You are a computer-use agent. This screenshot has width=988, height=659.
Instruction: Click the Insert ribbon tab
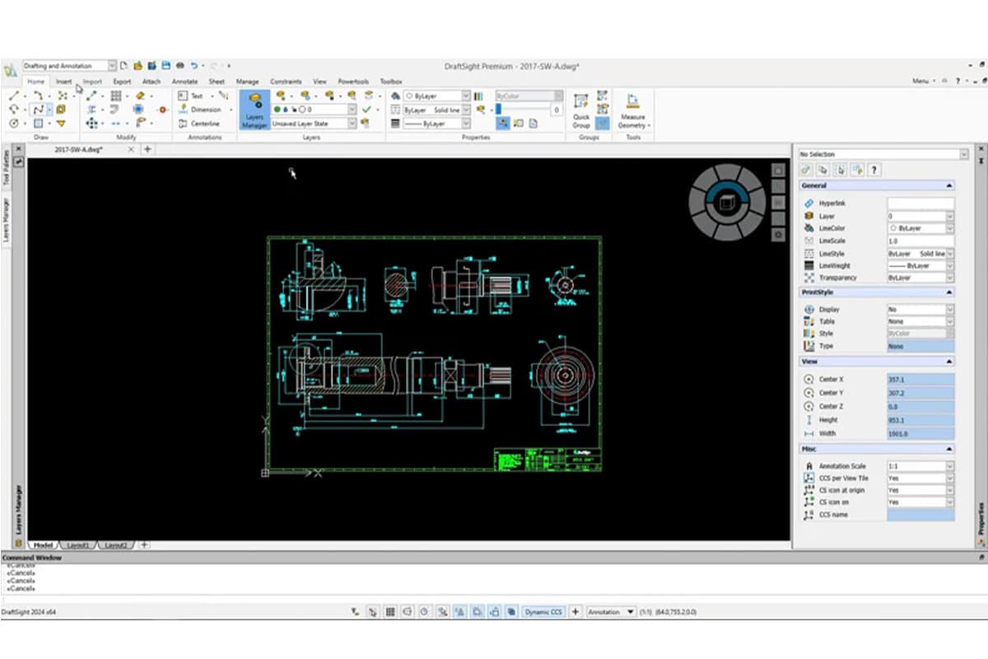(64, 82)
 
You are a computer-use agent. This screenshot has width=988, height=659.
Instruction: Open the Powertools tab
(353, 82)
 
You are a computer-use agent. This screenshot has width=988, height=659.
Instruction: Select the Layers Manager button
(254, 110)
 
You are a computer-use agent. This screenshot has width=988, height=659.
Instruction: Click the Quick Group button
(581, 110)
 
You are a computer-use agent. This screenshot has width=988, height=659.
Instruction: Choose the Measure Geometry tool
(632, 110)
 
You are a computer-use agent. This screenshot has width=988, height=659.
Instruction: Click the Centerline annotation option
(201, 124)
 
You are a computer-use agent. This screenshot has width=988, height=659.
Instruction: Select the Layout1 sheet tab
(78, 545)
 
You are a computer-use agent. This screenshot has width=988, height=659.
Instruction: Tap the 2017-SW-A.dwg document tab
(77, 149)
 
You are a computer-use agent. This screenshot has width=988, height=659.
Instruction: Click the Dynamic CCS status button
(544, 612)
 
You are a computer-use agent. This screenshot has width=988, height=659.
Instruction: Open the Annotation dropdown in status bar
(611, 612)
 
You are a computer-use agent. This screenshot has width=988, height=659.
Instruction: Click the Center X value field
(920, 380)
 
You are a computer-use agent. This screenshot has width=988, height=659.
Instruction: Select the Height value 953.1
(920, 420)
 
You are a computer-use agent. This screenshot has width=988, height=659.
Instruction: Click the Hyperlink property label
(832, 203)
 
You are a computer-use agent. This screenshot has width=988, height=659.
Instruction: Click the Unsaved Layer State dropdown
(314, 124)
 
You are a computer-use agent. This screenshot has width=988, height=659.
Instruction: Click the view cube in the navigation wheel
(726, 203)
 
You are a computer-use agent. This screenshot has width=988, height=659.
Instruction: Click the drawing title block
(547, 459)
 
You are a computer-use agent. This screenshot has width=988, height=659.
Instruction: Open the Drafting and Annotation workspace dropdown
(69, 65)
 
